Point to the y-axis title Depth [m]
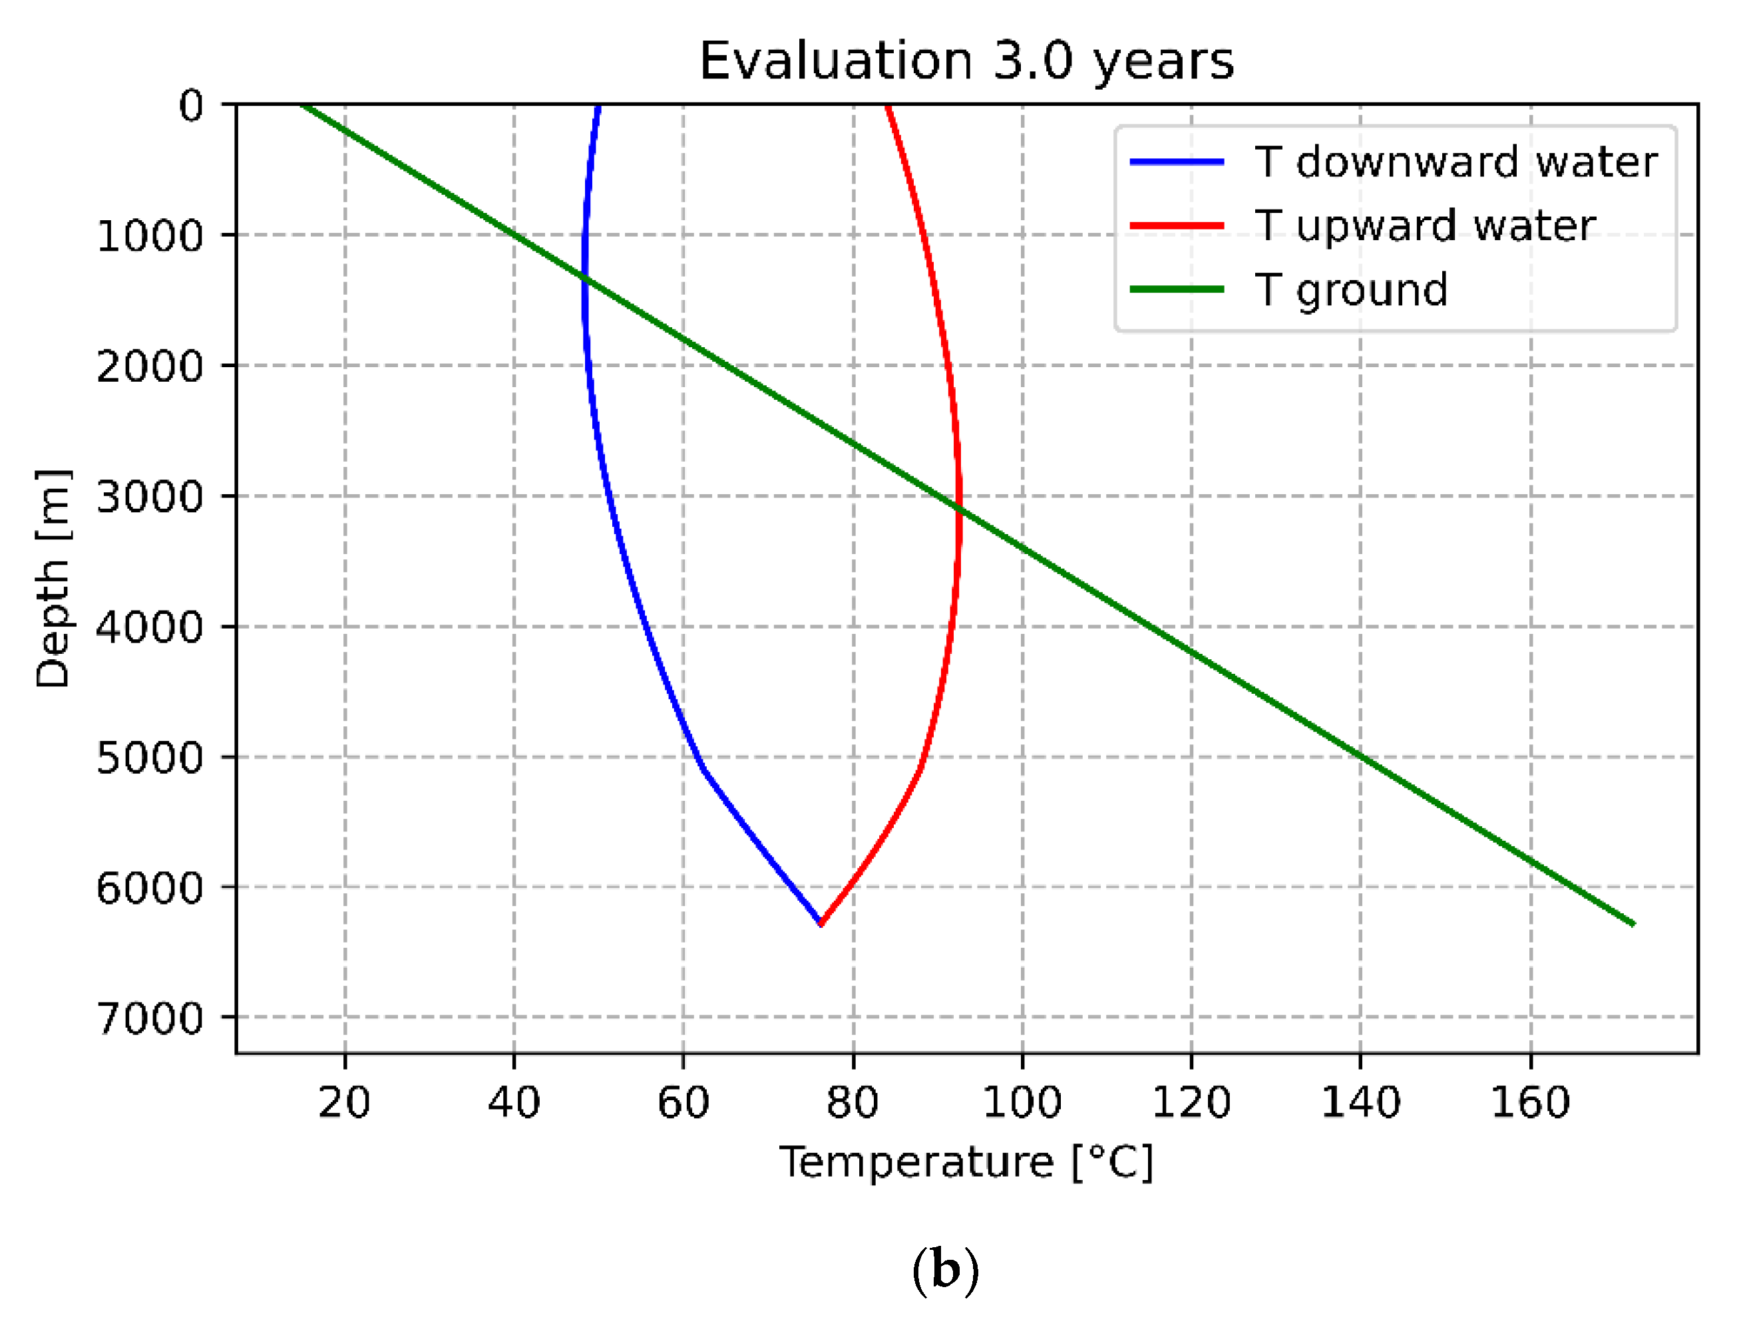pos(54,578)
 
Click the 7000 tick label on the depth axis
pos(150,1018)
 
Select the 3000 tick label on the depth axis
pos(150,497)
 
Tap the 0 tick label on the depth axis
pos(190,105)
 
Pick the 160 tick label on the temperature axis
pos(1530,1102)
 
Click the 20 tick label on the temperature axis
pos(345,1102)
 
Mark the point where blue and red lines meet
pos(821,923)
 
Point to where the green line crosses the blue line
pos(585,278)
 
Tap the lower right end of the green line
pos(1633,923)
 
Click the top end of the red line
pos(887,106)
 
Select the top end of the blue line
pos(598,106)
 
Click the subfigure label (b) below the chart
pos(945,1270)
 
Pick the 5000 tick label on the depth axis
pos(150,758)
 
